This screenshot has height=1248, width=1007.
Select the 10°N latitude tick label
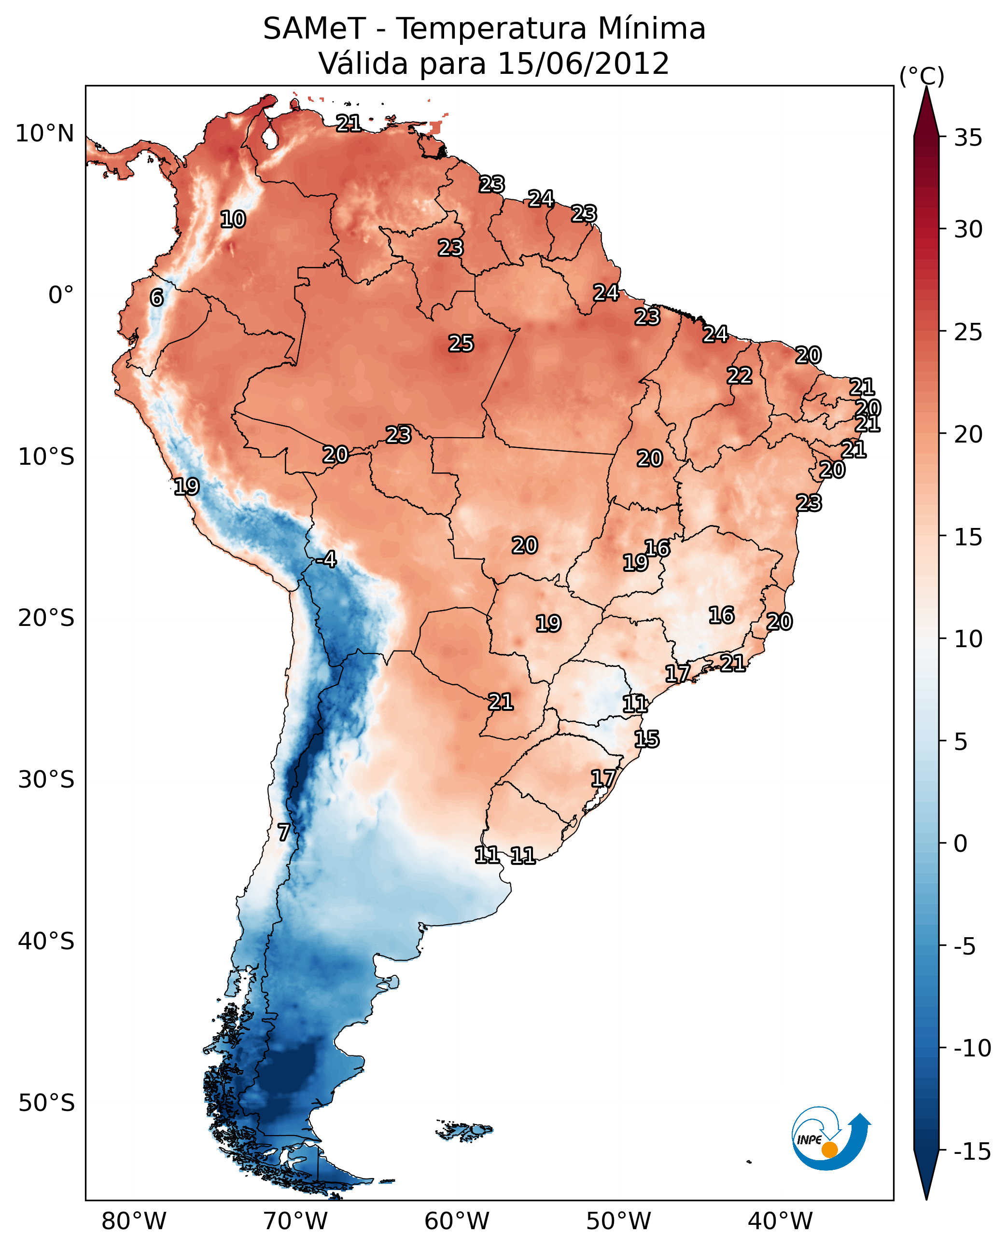(x=45, y=134)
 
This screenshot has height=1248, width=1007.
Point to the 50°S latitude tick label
(x=46, y=1102)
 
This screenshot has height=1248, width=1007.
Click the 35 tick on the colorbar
(x=968, y=138)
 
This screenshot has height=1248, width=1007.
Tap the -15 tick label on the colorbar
(x=972, y=1152)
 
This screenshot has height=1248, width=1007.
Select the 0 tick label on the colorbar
(x=961, y=843)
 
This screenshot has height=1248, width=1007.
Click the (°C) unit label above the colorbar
(x=922, y=76)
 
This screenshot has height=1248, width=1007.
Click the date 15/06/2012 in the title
(x=584, y=63)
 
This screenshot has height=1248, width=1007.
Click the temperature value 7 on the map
(x=283, y=832)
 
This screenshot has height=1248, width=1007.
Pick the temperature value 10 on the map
(x=233, y=219)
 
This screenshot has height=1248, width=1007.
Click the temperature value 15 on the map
(x=646, y=739)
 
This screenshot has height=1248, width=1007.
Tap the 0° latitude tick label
(x=61, y=295)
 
